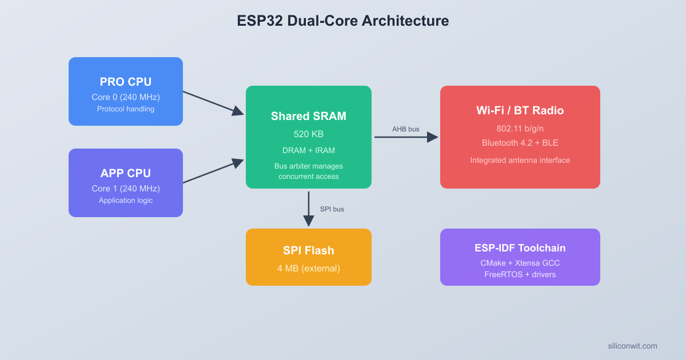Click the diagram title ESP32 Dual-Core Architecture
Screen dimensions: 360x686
click(x=343, y=21)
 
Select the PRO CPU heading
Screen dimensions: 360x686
click(x=126, y=82)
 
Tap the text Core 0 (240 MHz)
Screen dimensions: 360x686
click(x=126, y=97)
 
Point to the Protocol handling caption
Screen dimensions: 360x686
click(x=126, y=109)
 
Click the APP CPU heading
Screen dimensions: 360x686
click(x=126, y=173)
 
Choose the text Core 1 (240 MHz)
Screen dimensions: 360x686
click(x=126, y=188)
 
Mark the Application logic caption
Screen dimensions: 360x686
click(x=126, y=200)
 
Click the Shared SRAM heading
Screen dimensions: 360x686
click(x=309, y=116)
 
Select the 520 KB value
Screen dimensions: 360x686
click(x=309, y=134)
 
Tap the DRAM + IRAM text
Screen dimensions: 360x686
click(x=309, y=150)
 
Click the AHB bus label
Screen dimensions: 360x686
click(x=405, y=129)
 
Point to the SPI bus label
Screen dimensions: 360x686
click(x=332, y=209)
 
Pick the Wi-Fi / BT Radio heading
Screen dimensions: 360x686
click(x=520, y=110)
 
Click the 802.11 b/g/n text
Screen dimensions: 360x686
click(x=520, y=129)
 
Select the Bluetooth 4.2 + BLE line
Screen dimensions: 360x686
click(x=520, y=143)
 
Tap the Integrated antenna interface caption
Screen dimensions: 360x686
click(x=520, y=160)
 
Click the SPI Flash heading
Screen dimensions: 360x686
click(x=309, y=250)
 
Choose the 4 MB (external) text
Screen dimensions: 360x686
click(x=309, y=268)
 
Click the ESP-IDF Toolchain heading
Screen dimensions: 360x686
click(x=520, y=247)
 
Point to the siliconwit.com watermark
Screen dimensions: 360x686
click(x=632, y=346)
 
